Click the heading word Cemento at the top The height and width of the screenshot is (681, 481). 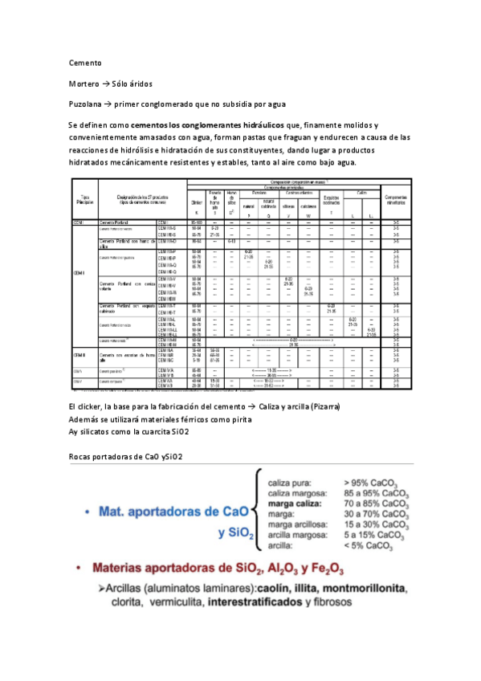click(84, 62)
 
